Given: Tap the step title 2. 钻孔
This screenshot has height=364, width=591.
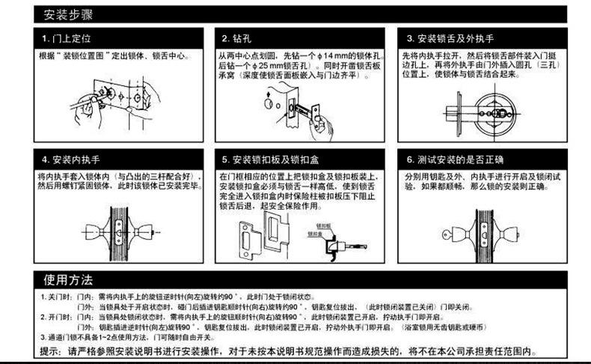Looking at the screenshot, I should [x=239, y=38].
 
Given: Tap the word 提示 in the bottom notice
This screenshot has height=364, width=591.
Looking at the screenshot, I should [x=50, y=351].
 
